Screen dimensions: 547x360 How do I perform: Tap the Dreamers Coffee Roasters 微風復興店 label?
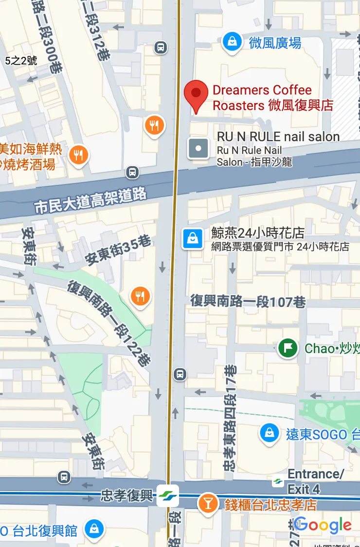[272, 98]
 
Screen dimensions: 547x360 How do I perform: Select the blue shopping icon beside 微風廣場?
[233, 42]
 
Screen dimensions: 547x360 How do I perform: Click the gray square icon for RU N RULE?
[198, 148]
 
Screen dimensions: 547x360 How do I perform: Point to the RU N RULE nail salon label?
[278, 137]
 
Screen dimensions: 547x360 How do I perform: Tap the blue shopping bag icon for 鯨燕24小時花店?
[193, 239]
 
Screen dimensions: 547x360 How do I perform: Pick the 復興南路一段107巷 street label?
[248, 301]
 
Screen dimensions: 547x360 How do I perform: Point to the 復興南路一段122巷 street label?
[110, 323]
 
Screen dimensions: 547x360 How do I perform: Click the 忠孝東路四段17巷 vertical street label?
[230, 418]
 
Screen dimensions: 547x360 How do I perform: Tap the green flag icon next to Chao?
[288, 348]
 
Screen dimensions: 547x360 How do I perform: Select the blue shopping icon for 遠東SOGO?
[269, 433]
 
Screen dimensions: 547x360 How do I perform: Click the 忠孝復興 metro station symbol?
[168, 495]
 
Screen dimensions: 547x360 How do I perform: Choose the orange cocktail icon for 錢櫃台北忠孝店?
[208, 504]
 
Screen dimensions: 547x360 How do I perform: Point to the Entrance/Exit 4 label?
[315, 481]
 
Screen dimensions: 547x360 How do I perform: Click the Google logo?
[323, 525]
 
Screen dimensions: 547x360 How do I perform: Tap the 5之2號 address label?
[21, 61]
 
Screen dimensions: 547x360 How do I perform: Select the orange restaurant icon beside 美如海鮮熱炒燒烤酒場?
[78, 156]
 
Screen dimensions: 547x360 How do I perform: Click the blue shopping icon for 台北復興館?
[94, 529]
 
